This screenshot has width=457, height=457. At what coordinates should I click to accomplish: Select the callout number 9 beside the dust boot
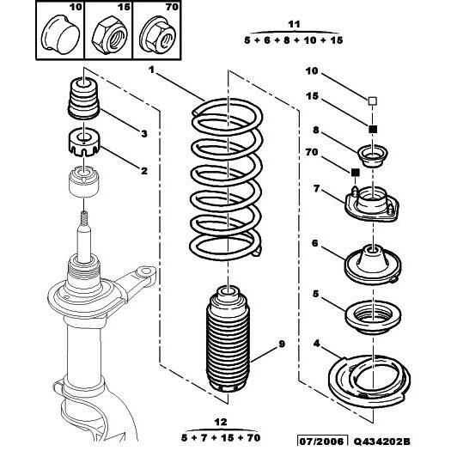[280, 346]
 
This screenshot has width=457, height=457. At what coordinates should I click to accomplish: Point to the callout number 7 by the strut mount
[317, 189]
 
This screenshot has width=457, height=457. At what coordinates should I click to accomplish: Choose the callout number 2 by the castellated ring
[144, 171]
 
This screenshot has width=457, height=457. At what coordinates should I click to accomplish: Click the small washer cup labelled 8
[373, 157]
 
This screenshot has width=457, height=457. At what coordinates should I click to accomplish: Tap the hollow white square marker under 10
[373, 101]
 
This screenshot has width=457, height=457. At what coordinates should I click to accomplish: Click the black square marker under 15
[373, 129]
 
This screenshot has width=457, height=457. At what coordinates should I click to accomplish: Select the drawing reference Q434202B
[398, 442]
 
